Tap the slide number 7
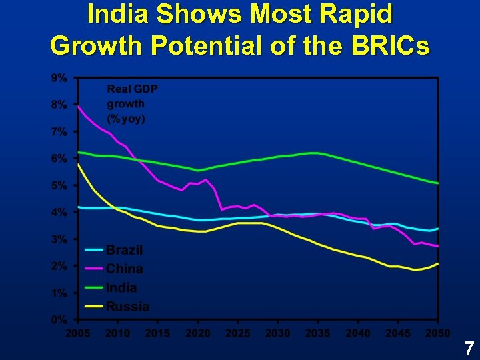pos(469,347)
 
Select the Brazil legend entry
pos(124,250)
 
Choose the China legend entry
pos(124,269)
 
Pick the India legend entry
pos(121,287)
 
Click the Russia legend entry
pos(127,307)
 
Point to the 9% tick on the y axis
pos(59,78)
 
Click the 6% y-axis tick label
pos(59,159)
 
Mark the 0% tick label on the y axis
pos(59,320)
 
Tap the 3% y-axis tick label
pos(59,239)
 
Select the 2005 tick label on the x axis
pos(78,333)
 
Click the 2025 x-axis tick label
pos(238,333)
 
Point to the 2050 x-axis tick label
pos(437,333)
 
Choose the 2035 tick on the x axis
pos(318,333)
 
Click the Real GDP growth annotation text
pos(132,104)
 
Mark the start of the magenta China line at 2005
pos(79,106)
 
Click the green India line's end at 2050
pos(437,183)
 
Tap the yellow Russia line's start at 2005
pos(79,165)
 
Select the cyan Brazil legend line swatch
pos(93,250)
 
